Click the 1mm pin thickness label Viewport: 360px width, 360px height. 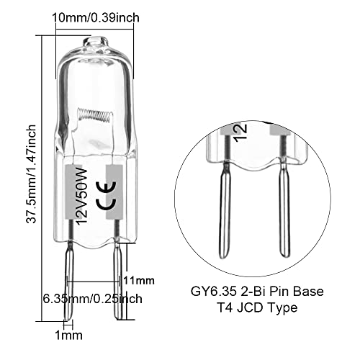[x=72, y=335]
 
